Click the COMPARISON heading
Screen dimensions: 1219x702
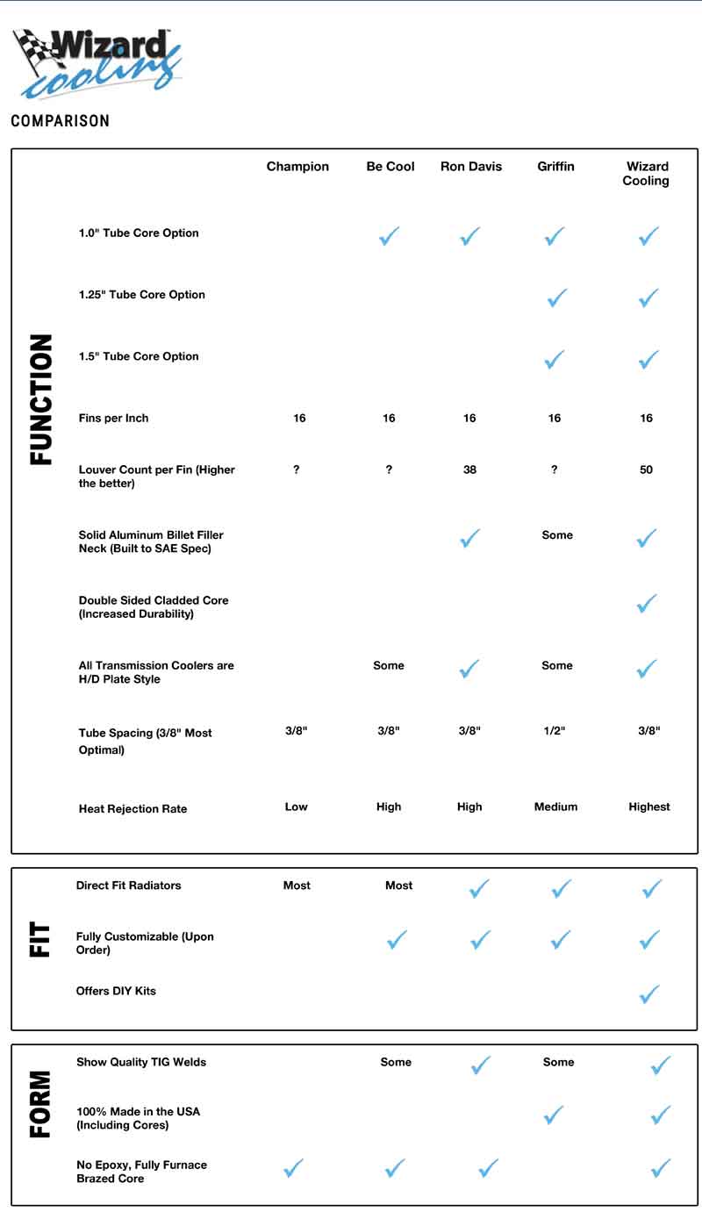[x=60, y=121]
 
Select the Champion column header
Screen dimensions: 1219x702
[x=297, y=167]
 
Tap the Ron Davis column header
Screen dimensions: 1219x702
[x=471, y=167]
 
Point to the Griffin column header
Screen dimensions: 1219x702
[x=555, y=167]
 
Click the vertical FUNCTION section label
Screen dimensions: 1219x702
[x=41, y=399]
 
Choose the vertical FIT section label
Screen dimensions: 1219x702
[x=40, y=940]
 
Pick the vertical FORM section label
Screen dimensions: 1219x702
[x=40, y=1103]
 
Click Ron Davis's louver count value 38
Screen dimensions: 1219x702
[x=469, y=470]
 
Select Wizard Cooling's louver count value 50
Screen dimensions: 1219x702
[x=647, y=470]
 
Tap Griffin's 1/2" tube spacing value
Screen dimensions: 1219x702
[x=555, y=731]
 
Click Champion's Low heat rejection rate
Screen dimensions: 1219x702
[x=296, y=807]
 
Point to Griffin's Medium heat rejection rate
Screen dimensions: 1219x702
[x=555, y=807]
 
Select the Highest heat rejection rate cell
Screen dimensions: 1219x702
[x=648, y=807]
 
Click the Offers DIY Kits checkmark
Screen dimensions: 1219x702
[x=649, y=993]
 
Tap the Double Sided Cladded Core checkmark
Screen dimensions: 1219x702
[x=647, y=603]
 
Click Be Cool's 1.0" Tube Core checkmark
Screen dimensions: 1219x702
[x=389, y=235]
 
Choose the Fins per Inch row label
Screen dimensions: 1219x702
[x=113, y=419]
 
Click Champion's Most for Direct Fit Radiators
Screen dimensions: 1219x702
[x=297, y=886]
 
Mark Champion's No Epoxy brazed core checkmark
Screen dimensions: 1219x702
[x=293, y=1168]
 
